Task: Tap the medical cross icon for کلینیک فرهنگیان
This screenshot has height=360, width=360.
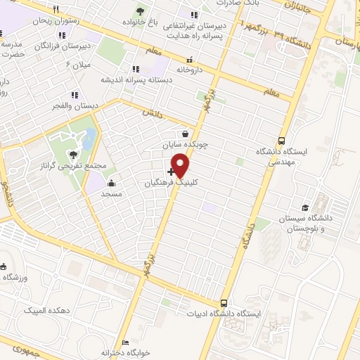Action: click(171, 171)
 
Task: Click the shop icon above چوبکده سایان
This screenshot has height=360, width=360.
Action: click(184, 134)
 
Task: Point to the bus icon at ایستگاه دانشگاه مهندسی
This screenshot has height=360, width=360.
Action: click(282, 140)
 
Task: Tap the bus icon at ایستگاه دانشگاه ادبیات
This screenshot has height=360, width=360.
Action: click(224, 302)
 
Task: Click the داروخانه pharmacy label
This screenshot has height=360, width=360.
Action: click(189, 70)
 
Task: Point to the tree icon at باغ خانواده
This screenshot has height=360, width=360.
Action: click(141, 11)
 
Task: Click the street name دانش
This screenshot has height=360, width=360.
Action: click(153, 112)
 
